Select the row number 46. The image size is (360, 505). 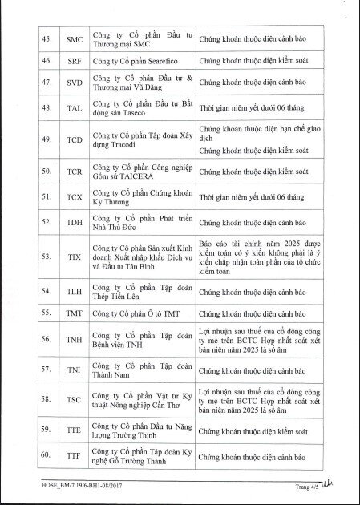[47, 60]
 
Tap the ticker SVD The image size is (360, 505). [74, 83]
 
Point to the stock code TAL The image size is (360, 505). [74, 107]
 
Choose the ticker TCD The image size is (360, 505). [74, 139]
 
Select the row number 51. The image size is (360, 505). [47, 196]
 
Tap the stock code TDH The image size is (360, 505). [74, 223]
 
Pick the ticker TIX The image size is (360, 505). [74, 257]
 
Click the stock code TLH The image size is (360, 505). [74, 293]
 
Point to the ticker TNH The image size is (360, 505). [74, 341]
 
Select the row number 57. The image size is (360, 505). [47, 370]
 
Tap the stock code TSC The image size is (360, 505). [74, 399]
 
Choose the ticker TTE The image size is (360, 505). [74, 430]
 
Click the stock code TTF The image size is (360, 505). [74, 457]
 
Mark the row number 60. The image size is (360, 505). [47, 457]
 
